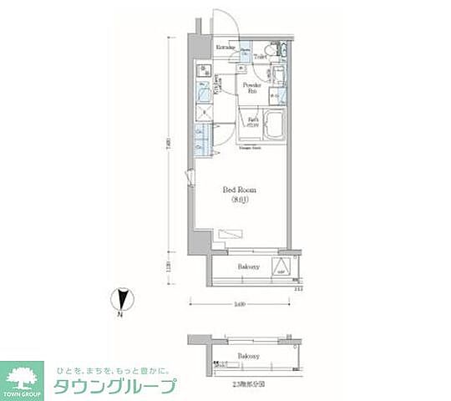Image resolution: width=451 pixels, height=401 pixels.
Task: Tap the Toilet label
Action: coord(260,57)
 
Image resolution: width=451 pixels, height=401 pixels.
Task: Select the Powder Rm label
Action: coord(252,87)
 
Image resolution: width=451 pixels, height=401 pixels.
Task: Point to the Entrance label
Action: coord(226,48)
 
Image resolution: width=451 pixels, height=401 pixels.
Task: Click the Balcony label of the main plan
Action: coord(246,266)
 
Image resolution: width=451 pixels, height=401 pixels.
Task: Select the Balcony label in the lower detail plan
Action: coord(248,355)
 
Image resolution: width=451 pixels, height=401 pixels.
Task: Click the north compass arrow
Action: coord(122,299)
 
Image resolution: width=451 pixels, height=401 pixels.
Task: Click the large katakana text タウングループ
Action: coord(115,386)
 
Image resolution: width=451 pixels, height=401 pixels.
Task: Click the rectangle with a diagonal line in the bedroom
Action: coord(228,235)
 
